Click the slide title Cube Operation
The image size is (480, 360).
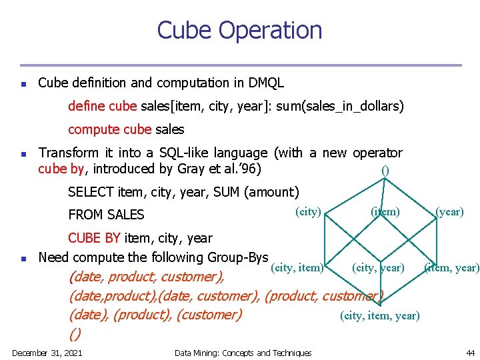tap(239, 31)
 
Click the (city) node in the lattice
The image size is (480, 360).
tap(308, 211)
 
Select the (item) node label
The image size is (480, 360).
tap(385, 211)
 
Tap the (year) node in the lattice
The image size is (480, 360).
tap(449, 211)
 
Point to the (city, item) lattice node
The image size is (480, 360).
tap(298, 268)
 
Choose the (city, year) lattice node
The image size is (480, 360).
tap(378, 268)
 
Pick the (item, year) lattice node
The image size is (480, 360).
tap(451, 268)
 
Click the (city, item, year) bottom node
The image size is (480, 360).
tap(380, 315)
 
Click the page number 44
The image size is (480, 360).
tap(470, 352)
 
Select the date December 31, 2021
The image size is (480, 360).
tap(47, 352)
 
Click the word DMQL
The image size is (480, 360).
tap(267, 83)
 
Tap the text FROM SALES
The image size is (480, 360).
tap(107, 215)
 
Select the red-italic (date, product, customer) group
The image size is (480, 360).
tap(147, 277)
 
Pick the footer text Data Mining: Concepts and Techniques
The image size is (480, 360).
tap(243, 352)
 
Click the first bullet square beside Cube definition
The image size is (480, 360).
tap(23, 85)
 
